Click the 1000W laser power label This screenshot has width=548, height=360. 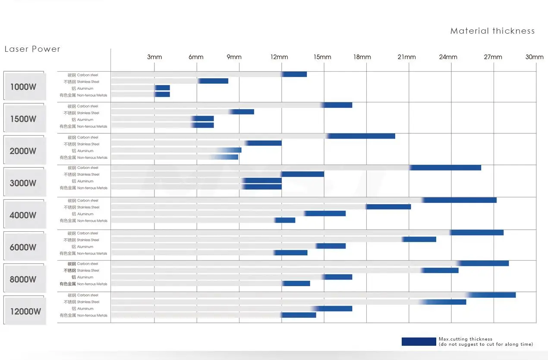(x=23, y=86)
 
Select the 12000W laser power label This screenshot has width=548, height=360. (x=25, y=311)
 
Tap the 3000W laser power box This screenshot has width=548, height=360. (x=23, y=183)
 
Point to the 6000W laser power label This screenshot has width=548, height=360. (x=23, y=247)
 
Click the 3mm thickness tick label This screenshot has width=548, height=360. (x=154, y=57)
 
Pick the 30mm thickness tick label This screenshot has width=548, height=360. (x=534, y=57)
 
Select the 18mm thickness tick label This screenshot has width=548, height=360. (x=362, y=57)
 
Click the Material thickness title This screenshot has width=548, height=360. (x=492, y=31)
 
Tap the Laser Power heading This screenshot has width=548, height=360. (x=32, y=49)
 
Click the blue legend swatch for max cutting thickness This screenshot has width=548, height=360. (x=419, y=341)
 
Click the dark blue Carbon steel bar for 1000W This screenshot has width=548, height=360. (x=294, y=74)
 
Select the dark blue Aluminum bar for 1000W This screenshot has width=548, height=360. (x=162, y=88)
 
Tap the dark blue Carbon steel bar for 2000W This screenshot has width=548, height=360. (x=361, y=136)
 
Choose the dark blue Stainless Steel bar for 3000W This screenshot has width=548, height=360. (x=302, y=174)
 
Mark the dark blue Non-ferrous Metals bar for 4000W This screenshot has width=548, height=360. (x=285, y=220)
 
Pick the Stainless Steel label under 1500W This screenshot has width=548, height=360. (x=82, y=113)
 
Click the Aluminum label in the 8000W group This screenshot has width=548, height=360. (x=82, y=277)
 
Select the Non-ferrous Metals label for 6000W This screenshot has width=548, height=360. (x=83, y=253)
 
